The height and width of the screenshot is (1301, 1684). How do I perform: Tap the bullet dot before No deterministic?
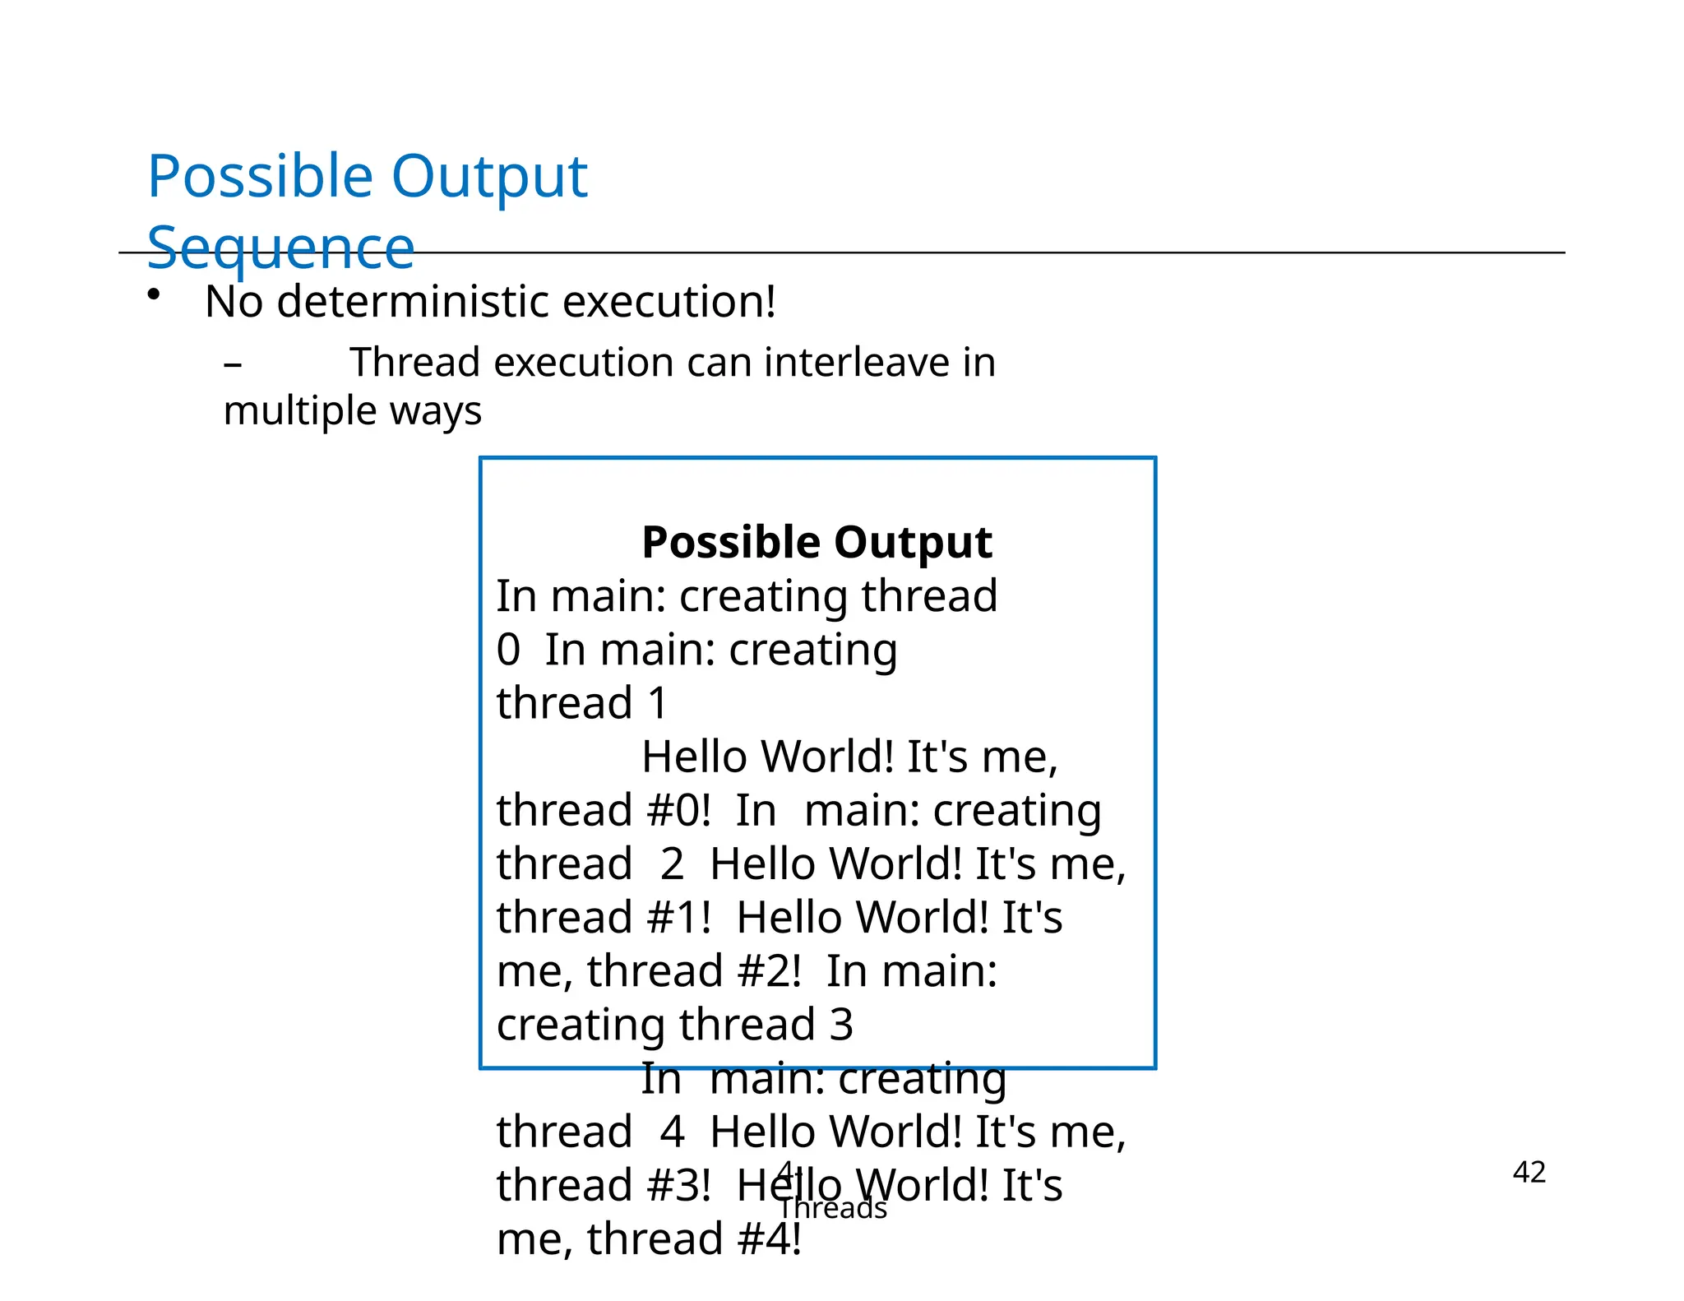click(x=154, y=295)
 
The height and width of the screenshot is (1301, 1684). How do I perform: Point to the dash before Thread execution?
click(x=233, y=363)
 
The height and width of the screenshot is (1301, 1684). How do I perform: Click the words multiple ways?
click(x=352, y=410)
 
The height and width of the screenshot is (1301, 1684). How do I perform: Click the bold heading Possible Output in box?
click(x=817, y=542)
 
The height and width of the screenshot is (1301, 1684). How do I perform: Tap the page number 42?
click(x=1529, y=1172)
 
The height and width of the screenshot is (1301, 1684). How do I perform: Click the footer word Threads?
click(x=832, y=1208)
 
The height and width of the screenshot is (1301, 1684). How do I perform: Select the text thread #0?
click(x=604, y=810)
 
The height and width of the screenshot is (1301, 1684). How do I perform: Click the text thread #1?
click(x=604, y=917)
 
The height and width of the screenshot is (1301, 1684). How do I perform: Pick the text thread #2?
click(x=694, y=970)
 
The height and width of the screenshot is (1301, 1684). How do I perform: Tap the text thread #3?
click(x=604, y=1185)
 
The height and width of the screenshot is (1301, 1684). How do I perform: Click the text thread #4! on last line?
click(x=694, y=1238)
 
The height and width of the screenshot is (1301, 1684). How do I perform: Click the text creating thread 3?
click(x=674, y=1025)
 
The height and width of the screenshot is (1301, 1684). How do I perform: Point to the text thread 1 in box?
click(x=581, y=703)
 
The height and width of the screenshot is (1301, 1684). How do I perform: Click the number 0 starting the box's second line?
click(x=508, y=650)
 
